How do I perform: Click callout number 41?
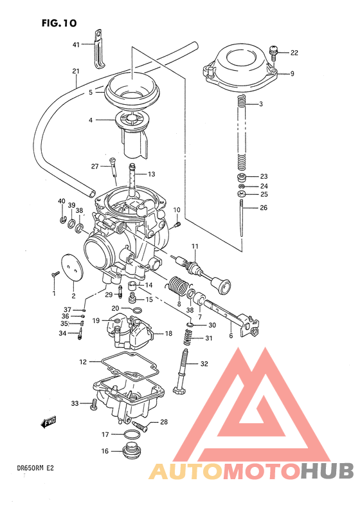(75, 44)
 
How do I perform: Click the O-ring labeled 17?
(132, 435)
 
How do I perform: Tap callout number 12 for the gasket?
(83, 362)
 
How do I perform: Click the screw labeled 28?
(141, 425)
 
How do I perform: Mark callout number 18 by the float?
(168, 334)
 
